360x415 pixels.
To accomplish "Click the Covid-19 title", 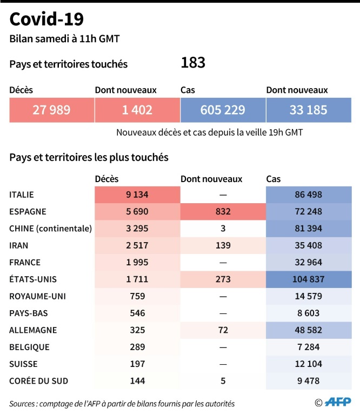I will [46, 19].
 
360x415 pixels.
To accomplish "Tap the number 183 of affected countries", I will [193, 63].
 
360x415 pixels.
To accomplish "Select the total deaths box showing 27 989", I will [51, 110].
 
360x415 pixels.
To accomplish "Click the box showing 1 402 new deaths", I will [137, 110].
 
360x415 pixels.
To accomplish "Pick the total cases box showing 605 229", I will [223, 110].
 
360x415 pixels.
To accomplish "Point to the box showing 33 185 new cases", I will [308, 110].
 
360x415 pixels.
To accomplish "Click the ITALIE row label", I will [25, 195].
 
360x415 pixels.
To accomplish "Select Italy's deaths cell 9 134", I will [137, 195].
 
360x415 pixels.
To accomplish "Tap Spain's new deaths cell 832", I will [223, 211].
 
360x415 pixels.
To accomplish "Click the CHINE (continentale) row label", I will [51, 228].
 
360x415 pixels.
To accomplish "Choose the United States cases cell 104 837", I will [308, 279].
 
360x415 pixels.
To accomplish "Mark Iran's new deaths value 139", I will [223, 245].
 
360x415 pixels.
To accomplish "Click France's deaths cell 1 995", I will [137, 262].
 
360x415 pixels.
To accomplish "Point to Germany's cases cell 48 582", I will [308, 330].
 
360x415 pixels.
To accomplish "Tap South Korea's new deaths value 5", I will [223, 380].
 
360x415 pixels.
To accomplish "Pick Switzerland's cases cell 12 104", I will [308, 364].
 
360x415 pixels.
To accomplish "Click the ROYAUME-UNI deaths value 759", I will [137, 296].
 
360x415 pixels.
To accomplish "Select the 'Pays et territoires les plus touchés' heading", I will [89, 157].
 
